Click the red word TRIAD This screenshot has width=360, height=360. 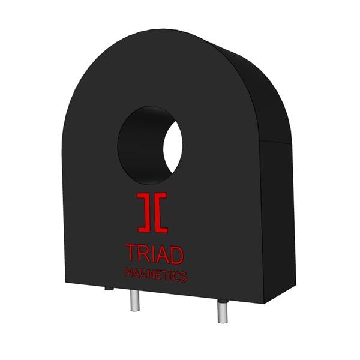154,254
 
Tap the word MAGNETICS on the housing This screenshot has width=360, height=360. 155,275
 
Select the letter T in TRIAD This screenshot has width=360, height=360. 131,253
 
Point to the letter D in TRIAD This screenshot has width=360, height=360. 176,254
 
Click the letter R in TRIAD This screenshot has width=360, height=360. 144,254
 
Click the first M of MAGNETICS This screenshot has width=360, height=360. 128,273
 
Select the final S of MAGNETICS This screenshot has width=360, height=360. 184,277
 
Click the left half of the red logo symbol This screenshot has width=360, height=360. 145,212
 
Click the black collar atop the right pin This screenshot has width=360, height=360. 222,299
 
